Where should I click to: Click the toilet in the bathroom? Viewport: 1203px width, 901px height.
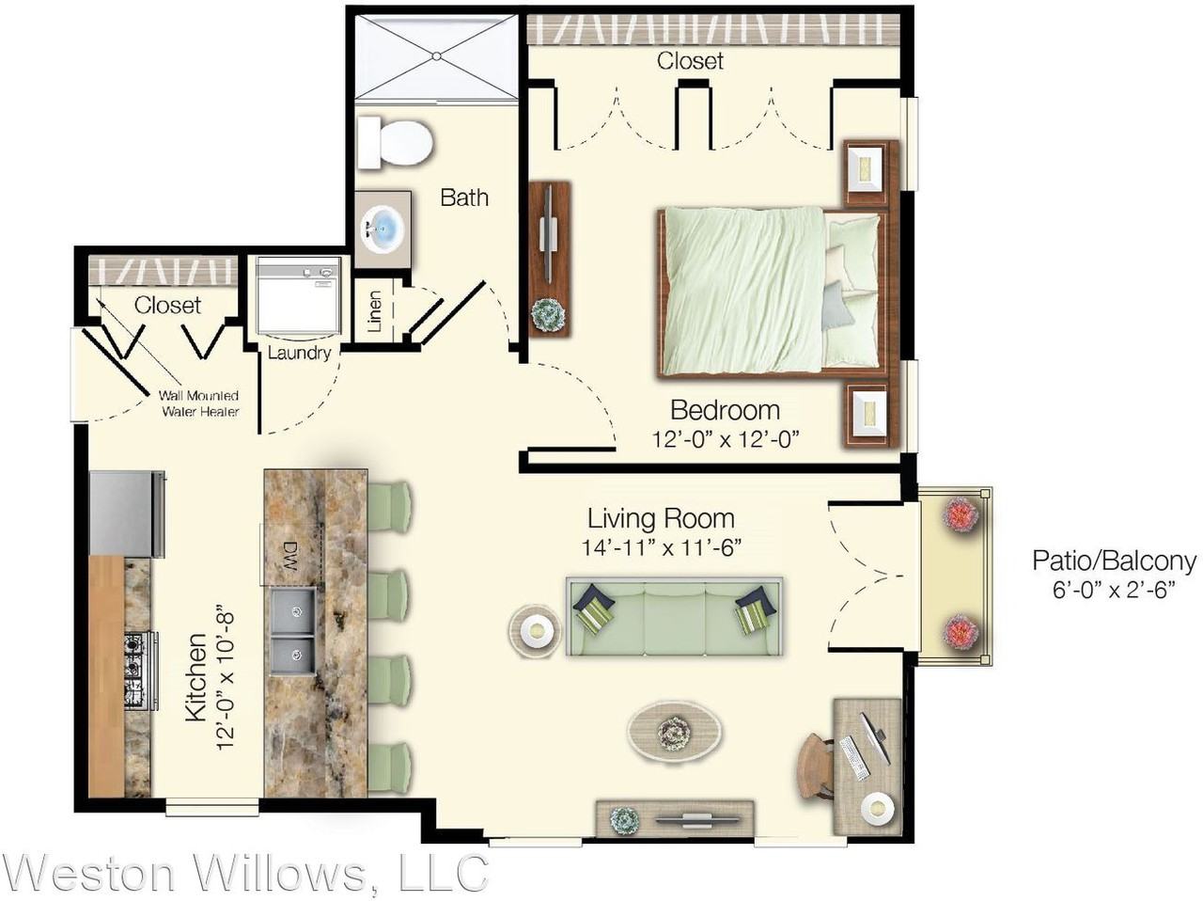(x=396, y=142)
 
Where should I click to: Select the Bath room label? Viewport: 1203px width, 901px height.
(x=464, y=198)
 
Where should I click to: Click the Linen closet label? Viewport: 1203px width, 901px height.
(x=375, y=311)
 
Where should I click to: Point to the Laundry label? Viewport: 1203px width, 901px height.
(x=299, y=353)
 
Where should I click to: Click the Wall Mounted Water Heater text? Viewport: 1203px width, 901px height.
(x=198, y=403)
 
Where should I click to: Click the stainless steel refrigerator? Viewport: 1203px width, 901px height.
(x=127, y=514)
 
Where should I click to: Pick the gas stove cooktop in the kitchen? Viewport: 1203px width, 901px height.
(x=137, y=671)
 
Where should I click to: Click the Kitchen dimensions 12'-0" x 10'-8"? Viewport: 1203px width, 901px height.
(x=226, y=679)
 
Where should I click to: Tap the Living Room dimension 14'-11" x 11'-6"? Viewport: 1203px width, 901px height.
(x=662, y=547)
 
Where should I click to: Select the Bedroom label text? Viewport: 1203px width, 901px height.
(x=725, y=410)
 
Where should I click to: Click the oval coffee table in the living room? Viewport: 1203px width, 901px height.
(x=675, y=731)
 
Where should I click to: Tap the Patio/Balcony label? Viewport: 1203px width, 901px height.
(x=1114, y=561)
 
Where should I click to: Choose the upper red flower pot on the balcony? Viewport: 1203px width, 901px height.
(x=961, y=514)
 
